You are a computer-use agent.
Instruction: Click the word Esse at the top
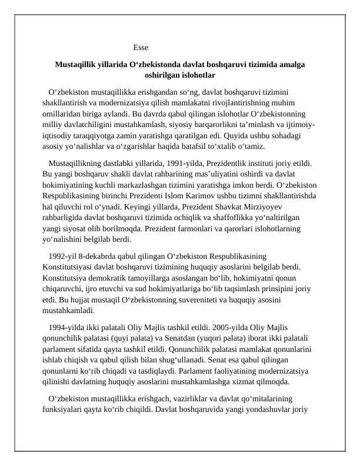pyautogui.click(x=141, y=47)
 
